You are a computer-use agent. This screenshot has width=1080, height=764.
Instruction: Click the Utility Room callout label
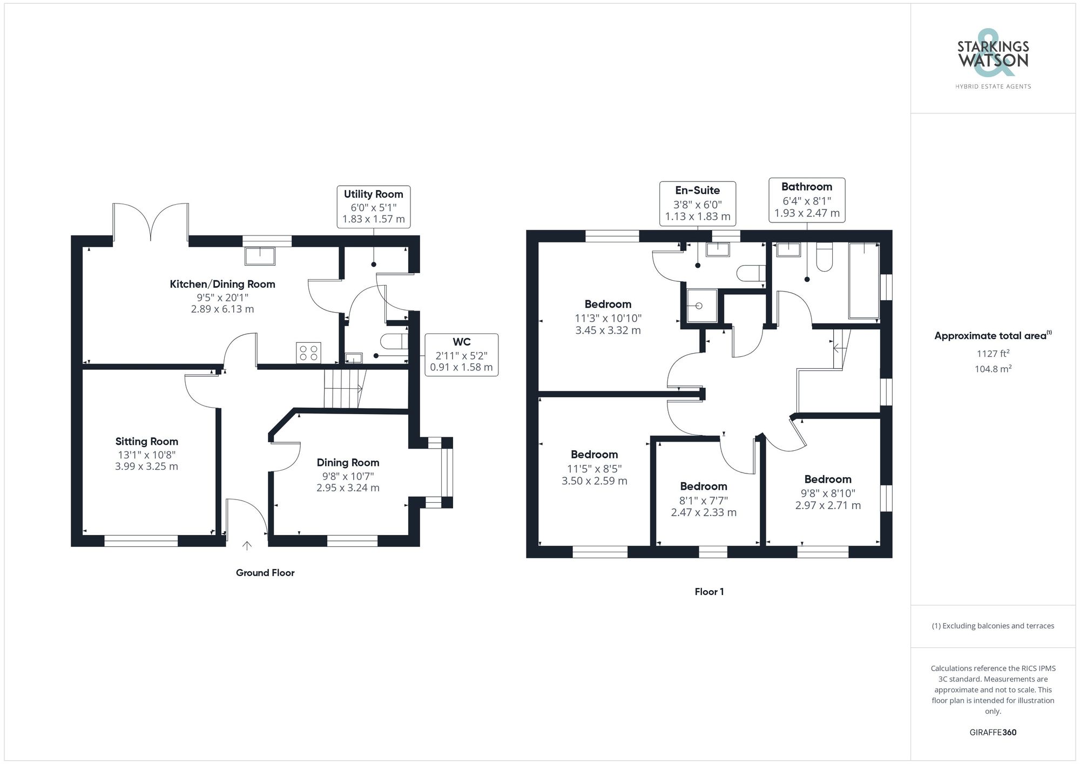click(x=373, y=207)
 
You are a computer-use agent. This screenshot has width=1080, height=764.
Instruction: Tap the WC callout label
click(x=461, y=355)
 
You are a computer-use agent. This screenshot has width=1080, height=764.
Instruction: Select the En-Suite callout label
click(x=697, y=204)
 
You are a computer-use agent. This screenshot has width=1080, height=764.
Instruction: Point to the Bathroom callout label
click(x=807, y=200)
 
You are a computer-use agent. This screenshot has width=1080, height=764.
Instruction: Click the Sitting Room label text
click(x=146, y=442)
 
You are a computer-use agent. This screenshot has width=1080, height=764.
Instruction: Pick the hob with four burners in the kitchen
click(x=308, y=353)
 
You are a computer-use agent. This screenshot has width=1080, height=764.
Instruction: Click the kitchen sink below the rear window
click(x=260, y=256)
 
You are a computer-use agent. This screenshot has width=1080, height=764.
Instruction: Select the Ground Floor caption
click(x=265, y=573)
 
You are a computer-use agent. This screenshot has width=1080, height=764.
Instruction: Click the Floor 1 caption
click(x=709, y=592)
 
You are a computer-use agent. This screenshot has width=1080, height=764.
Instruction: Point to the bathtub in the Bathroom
click(x=864, y=281)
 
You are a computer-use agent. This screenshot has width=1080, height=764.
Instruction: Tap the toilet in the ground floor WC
click(x=394, y=342)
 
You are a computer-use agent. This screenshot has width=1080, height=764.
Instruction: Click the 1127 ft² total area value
click(x=993, y=354)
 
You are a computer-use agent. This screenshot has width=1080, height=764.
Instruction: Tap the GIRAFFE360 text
click(x=993, y=733)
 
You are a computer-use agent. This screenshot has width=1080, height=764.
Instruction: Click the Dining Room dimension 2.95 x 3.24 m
click(x=348, y=488)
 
